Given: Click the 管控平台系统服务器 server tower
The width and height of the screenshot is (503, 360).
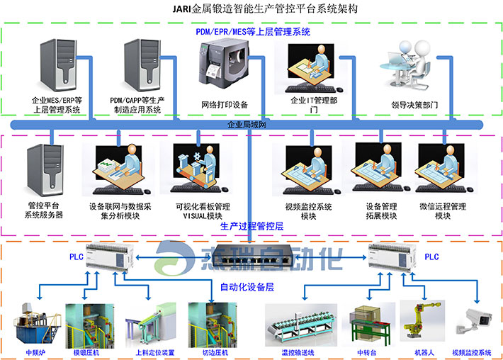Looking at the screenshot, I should tap(44, 170).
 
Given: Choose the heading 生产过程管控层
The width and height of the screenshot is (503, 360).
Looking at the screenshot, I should tap(252, 227).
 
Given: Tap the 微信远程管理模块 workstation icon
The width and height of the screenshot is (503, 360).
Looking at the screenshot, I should tap(443, 170).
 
